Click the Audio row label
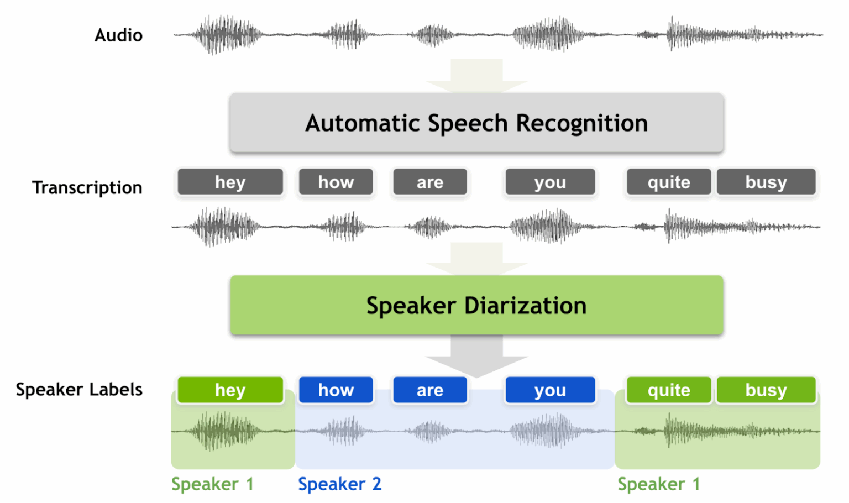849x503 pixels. [x=118, y=35]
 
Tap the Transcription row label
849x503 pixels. [x=87, y=188]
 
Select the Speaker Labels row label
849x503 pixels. [x=79, y=390]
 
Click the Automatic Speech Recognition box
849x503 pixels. [x=476, y=123]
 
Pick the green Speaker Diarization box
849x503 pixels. [x=476, y=305]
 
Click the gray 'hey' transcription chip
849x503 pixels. [x=230, y=182]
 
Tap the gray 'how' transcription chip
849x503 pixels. [x=336, y=182]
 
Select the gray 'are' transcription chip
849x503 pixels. [x=430, y=182]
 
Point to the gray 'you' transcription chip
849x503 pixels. [x=550, y=182]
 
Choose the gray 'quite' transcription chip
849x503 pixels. [x=669, y=182]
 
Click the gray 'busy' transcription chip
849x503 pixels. [x=766, y=182]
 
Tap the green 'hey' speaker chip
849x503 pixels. [x=230, y=390]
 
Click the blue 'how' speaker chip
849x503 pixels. [x=336, y=390]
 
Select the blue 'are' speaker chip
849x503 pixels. [x=430, y=390]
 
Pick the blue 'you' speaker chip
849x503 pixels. [x=550, y=390]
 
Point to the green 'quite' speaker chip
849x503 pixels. [x=669, y=390]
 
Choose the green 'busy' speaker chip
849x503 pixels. [x=766, y=390]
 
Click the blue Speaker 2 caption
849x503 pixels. [x=339, y=484]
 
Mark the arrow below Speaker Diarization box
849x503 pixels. [x=476, y=357]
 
